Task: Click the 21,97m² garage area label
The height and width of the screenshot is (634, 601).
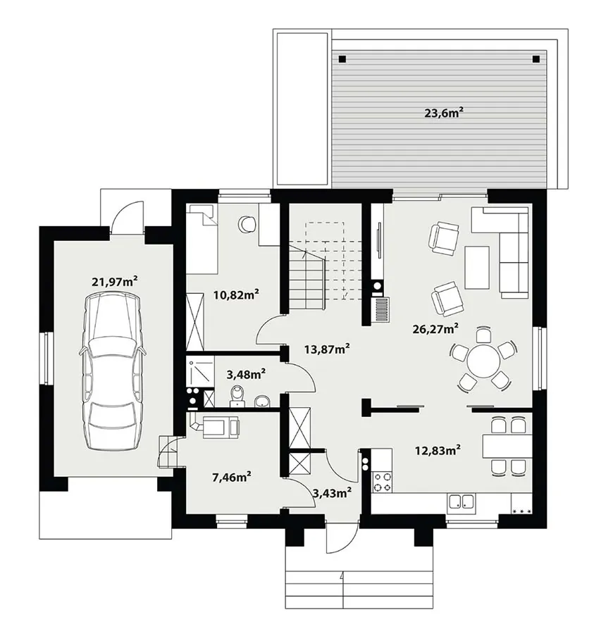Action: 114,281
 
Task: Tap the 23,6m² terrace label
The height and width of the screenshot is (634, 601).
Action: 443,113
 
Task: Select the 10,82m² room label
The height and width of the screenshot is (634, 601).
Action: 236,294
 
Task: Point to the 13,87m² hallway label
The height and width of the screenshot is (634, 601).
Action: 327,349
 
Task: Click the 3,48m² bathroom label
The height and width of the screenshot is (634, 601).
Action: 246,374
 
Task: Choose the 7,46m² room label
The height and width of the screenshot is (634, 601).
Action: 232,478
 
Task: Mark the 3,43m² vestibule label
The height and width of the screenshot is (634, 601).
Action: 332,492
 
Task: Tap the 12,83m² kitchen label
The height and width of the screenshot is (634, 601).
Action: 438,449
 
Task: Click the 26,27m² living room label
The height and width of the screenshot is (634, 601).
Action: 435,328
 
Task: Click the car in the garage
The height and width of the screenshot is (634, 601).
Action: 111,371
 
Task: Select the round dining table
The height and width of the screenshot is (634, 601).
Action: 483,361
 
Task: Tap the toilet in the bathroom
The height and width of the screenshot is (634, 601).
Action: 237,395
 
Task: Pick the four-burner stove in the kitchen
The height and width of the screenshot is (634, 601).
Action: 382,482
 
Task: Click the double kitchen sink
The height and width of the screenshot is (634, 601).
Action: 461,502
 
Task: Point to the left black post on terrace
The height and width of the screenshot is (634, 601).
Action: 342,59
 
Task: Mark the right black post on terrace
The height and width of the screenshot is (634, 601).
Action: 536,59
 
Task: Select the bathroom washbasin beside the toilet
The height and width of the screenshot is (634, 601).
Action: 263,401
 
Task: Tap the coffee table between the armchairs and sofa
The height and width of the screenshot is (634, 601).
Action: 477,267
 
